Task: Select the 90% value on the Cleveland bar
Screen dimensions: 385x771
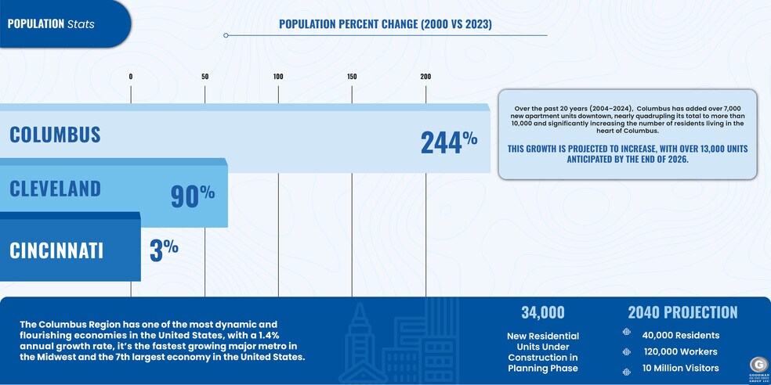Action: click(x=192, y=195)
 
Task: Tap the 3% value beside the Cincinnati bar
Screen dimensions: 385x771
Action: click(x=164, y=250)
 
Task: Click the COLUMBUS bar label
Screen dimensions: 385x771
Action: click(x=55, y=135)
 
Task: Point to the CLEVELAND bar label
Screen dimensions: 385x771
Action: click(x=55, y=189)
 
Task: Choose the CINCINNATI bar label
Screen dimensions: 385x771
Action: click(x=56, y=250)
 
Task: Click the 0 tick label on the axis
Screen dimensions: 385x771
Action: click(x=131, y=77)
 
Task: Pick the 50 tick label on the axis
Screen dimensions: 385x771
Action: click(x=205, y=77)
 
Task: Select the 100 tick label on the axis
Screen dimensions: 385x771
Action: click(x=278, y=77)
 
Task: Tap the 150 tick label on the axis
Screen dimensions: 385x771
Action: click(x=352, y=77)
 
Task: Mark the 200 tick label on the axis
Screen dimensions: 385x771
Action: click(x=425, y=77)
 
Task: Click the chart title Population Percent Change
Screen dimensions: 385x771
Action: click(x=385, y=24)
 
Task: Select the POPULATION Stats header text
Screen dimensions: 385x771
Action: click(x=51, y=23)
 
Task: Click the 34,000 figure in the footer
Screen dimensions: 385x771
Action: click(x=542, y=313)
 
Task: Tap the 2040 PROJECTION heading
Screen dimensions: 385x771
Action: click(x=682, y=313)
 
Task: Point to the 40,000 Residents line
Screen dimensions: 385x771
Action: click(x=680, y=336)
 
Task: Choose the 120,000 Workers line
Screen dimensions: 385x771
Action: click(x=679, y=351)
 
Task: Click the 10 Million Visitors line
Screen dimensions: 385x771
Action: click(x=679, y=368)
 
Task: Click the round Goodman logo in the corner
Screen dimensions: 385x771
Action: click(x=758, y=365)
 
